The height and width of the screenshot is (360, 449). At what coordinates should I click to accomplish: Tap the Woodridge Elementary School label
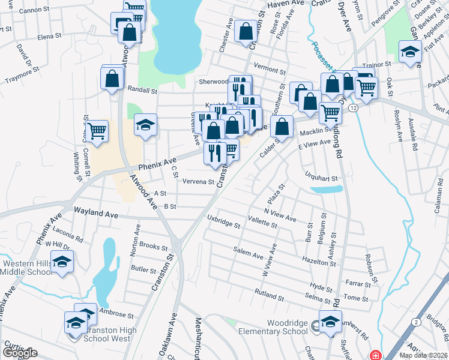pos(273,327)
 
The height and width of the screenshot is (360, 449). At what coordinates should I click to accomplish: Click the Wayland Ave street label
pos(96,212)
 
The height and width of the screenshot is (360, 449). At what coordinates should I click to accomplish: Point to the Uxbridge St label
pos(224,221)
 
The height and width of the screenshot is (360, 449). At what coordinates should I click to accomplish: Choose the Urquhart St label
pos(322,178)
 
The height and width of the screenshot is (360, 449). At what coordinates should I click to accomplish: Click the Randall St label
pos(142,91)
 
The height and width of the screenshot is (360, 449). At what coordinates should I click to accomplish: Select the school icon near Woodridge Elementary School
pos(330,322)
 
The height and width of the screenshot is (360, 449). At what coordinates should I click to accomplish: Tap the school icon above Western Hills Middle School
pos(62,262)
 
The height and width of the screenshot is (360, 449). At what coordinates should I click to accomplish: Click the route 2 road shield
pos(415,322)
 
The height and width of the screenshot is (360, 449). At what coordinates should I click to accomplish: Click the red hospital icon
pos(376,355)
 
